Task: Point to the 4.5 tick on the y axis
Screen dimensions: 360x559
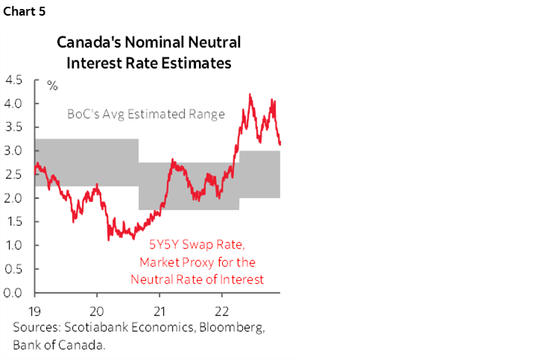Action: pos(13,80)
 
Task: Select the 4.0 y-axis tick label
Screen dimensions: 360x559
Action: pos(13,103)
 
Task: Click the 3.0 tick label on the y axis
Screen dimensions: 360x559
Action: pos(13,151)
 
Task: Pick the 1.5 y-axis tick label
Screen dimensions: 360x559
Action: pos(13,221)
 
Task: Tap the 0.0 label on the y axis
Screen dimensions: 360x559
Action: pos(13,293)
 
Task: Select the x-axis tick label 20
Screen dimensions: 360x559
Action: pos(97,309)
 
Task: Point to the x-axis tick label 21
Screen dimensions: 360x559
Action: pos(159,309)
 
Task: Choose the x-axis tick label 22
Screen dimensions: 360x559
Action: pos(221,309)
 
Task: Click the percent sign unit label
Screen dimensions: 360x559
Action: pos(52,86)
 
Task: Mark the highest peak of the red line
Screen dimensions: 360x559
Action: pos(250,95)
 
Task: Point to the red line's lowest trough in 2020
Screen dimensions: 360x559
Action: pos(109,239)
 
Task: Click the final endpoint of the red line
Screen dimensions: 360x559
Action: pos(280,145)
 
